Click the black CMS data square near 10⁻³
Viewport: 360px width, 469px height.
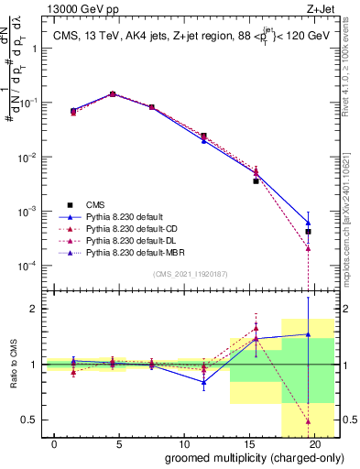(309, 232)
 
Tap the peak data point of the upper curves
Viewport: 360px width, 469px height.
(113, 93)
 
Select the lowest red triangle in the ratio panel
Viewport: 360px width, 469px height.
(309, 421)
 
